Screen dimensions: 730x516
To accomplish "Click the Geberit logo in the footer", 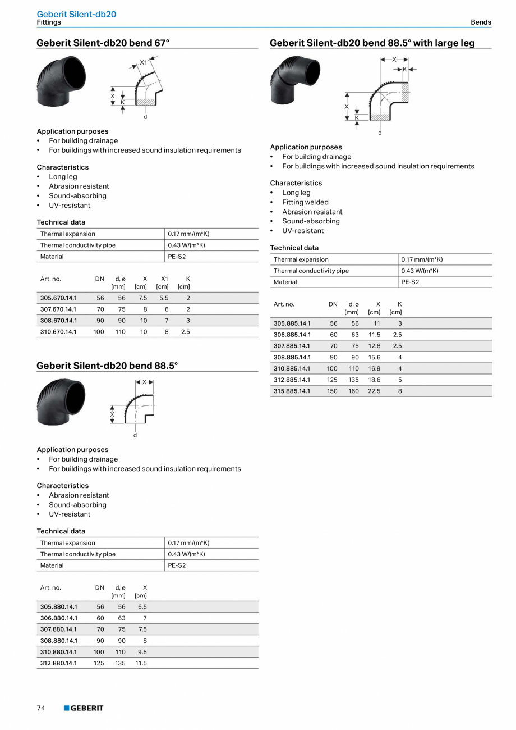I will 84,708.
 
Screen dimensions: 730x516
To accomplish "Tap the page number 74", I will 41,708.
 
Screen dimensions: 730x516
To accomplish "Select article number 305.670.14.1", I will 58,298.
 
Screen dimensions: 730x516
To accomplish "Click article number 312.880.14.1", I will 58,663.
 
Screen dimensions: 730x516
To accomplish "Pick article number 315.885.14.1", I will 292,391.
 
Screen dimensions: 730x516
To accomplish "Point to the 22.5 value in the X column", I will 374,391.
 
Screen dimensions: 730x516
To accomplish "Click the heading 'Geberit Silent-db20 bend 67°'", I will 103,43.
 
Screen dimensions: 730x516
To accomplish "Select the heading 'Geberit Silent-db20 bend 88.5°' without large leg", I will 107,366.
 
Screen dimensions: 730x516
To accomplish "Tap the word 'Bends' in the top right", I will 481,22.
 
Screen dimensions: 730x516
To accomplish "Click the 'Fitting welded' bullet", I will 305,202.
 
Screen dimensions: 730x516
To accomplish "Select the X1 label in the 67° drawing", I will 143,62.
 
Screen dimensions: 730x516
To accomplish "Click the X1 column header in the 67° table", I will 164,279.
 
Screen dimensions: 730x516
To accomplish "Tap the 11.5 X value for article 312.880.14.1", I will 141,663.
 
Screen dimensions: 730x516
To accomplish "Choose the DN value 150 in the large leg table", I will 332,391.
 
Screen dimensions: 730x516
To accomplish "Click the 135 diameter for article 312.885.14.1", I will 353,380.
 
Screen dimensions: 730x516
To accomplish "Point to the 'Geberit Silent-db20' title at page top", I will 76,14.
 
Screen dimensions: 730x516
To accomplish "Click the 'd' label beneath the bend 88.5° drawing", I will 135,435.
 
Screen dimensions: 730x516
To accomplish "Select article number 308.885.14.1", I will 292,357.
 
